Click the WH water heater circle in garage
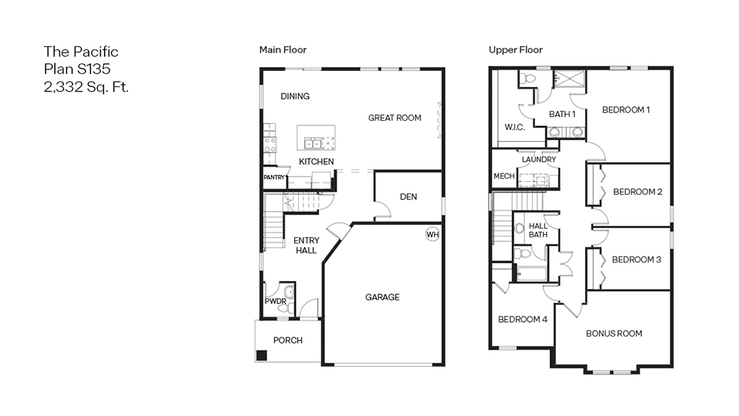[x=432, y=234]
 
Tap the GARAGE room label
[x=382, y=297]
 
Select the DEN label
[x=408, y=197]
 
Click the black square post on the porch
[x=262, y=355]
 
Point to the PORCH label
[x=288, y=341]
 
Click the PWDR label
[x=275, y=301]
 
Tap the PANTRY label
[x=274, y=177]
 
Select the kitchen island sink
[x=314, y=143]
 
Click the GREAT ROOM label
[x=394, y=118]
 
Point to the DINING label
[x=295, y=96]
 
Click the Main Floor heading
[x=283, y=50]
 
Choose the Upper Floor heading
[x=515, y=50]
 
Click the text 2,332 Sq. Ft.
[x=86, y=86]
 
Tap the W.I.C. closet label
[x=514, y=127]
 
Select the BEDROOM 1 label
[x=626, y=110]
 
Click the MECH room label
[x=503, y=176]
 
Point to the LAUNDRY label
[x=539, y=159]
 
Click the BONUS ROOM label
[x=614, y=334]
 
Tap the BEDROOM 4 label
[x=522, y=320]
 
